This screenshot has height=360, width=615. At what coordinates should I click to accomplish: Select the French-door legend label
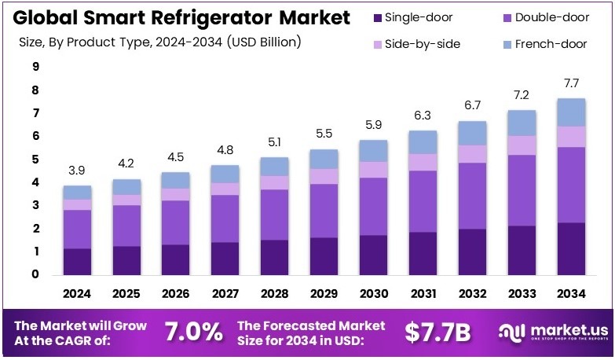(x=555, y=44)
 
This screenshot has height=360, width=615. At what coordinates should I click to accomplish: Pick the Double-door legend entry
(x=550, y=17)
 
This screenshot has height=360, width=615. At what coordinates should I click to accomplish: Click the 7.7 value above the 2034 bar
(x=572, y=84)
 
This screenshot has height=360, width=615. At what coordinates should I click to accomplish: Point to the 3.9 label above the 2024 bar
(x=78, y=171)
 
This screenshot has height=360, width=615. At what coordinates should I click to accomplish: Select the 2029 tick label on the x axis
(x=324, y=295)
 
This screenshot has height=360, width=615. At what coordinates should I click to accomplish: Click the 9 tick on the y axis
(x=35, y=68)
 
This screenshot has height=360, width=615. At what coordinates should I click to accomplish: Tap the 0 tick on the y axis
(x=35, y=274)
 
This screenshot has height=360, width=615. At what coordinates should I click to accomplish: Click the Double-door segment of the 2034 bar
(x=572, y=185)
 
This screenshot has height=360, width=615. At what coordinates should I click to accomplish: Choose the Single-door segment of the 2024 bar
(x=78, y=261)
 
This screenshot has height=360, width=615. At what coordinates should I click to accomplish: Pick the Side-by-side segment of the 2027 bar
(x=225, y=189)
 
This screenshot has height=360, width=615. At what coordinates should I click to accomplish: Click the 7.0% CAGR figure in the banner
(x=193, y=332)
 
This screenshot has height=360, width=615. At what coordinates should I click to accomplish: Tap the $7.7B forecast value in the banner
(x=437, y=332)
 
